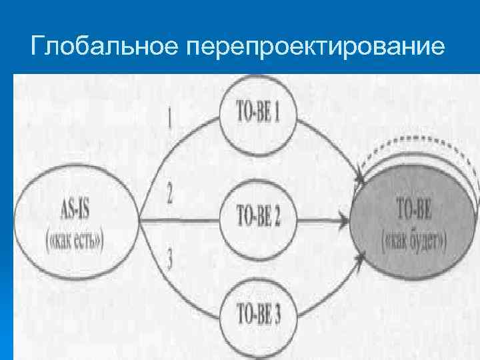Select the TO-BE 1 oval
259,114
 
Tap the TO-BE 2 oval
259,217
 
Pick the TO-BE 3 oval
259,313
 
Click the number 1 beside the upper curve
170,119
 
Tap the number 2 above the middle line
170,195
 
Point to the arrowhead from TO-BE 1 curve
361,179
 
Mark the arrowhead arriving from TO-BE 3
361,253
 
